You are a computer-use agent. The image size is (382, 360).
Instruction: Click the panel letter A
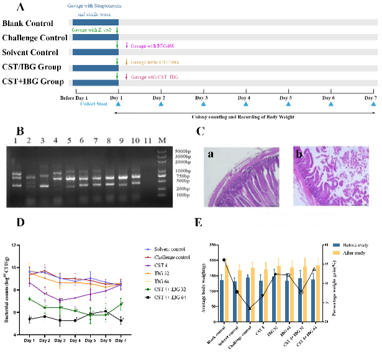[23, 7]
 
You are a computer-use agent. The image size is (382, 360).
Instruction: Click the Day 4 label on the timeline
[246, 98]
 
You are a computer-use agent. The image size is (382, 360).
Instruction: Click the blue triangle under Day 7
[373, 106]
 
